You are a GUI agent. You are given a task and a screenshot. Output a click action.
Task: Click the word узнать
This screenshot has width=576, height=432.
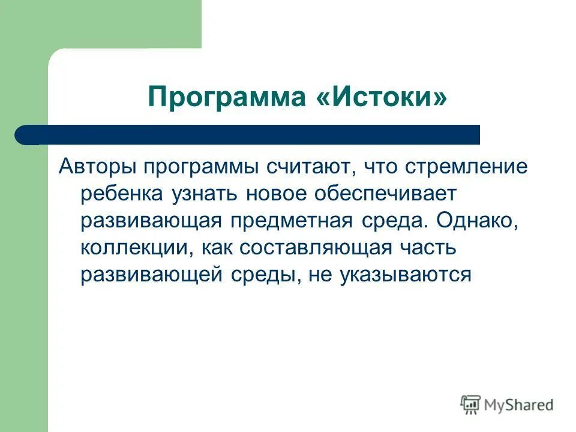(x=197, y=194)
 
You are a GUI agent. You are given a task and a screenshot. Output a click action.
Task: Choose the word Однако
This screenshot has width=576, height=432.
(x=477, y=220)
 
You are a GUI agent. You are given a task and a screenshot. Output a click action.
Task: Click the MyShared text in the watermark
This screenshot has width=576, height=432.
(x=518, y=405)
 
